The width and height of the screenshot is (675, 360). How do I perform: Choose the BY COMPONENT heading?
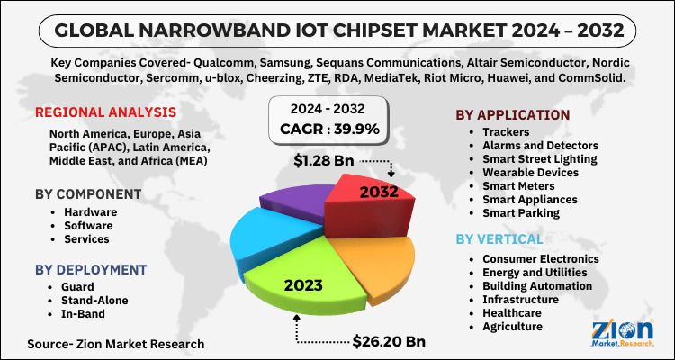tap(86, 193)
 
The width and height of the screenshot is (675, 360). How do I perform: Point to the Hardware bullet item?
tap(90, 212)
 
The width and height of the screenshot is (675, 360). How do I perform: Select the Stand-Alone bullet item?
tap(95, 300)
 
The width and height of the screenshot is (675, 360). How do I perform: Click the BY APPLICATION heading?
tap(512, 114)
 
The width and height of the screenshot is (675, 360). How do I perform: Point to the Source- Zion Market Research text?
tap(116, 343)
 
